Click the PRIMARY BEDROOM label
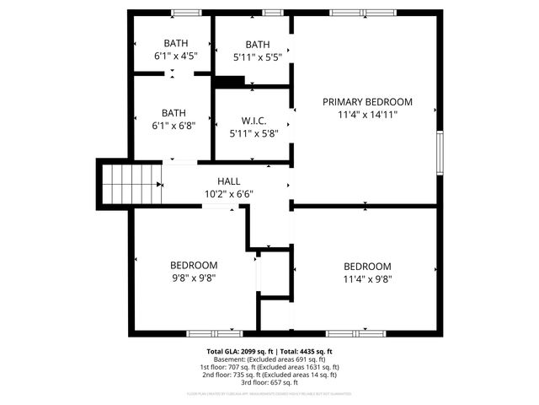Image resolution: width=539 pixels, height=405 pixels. pos(367,101)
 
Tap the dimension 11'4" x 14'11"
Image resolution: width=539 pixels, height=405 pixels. pos(367,115)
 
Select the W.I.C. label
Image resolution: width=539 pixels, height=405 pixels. pos(253,120)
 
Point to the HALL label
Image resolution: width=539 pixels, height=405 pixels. pos(228,181)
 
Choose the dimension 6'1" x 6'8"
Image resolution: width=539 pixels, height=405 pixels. pos(174,126)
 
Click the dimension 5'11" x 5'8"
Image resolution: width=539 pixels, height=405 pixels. pos(253,133)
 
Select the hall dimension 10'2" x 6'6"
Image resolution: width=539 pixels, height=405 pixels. pos(228,194)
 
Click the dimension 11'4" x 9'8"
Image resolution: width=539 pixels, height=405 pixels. pos(367,279)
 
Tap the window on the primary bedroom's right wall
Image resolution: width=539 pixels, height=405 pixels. pos(439,153)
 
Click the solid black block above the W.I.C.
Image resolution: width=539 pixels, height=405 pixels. pos(229,82)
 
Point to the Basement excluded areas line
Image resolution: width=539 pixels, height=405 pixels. pos(269,359)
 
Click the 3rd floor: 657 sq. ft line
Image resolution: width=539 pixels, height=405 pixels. pos(269,383)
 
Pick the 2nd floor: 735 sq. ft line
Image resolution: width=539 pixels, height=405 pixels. pos(269,375)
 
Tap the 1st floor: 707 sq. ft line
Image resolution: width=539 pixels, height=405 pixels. pos(269,368)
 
